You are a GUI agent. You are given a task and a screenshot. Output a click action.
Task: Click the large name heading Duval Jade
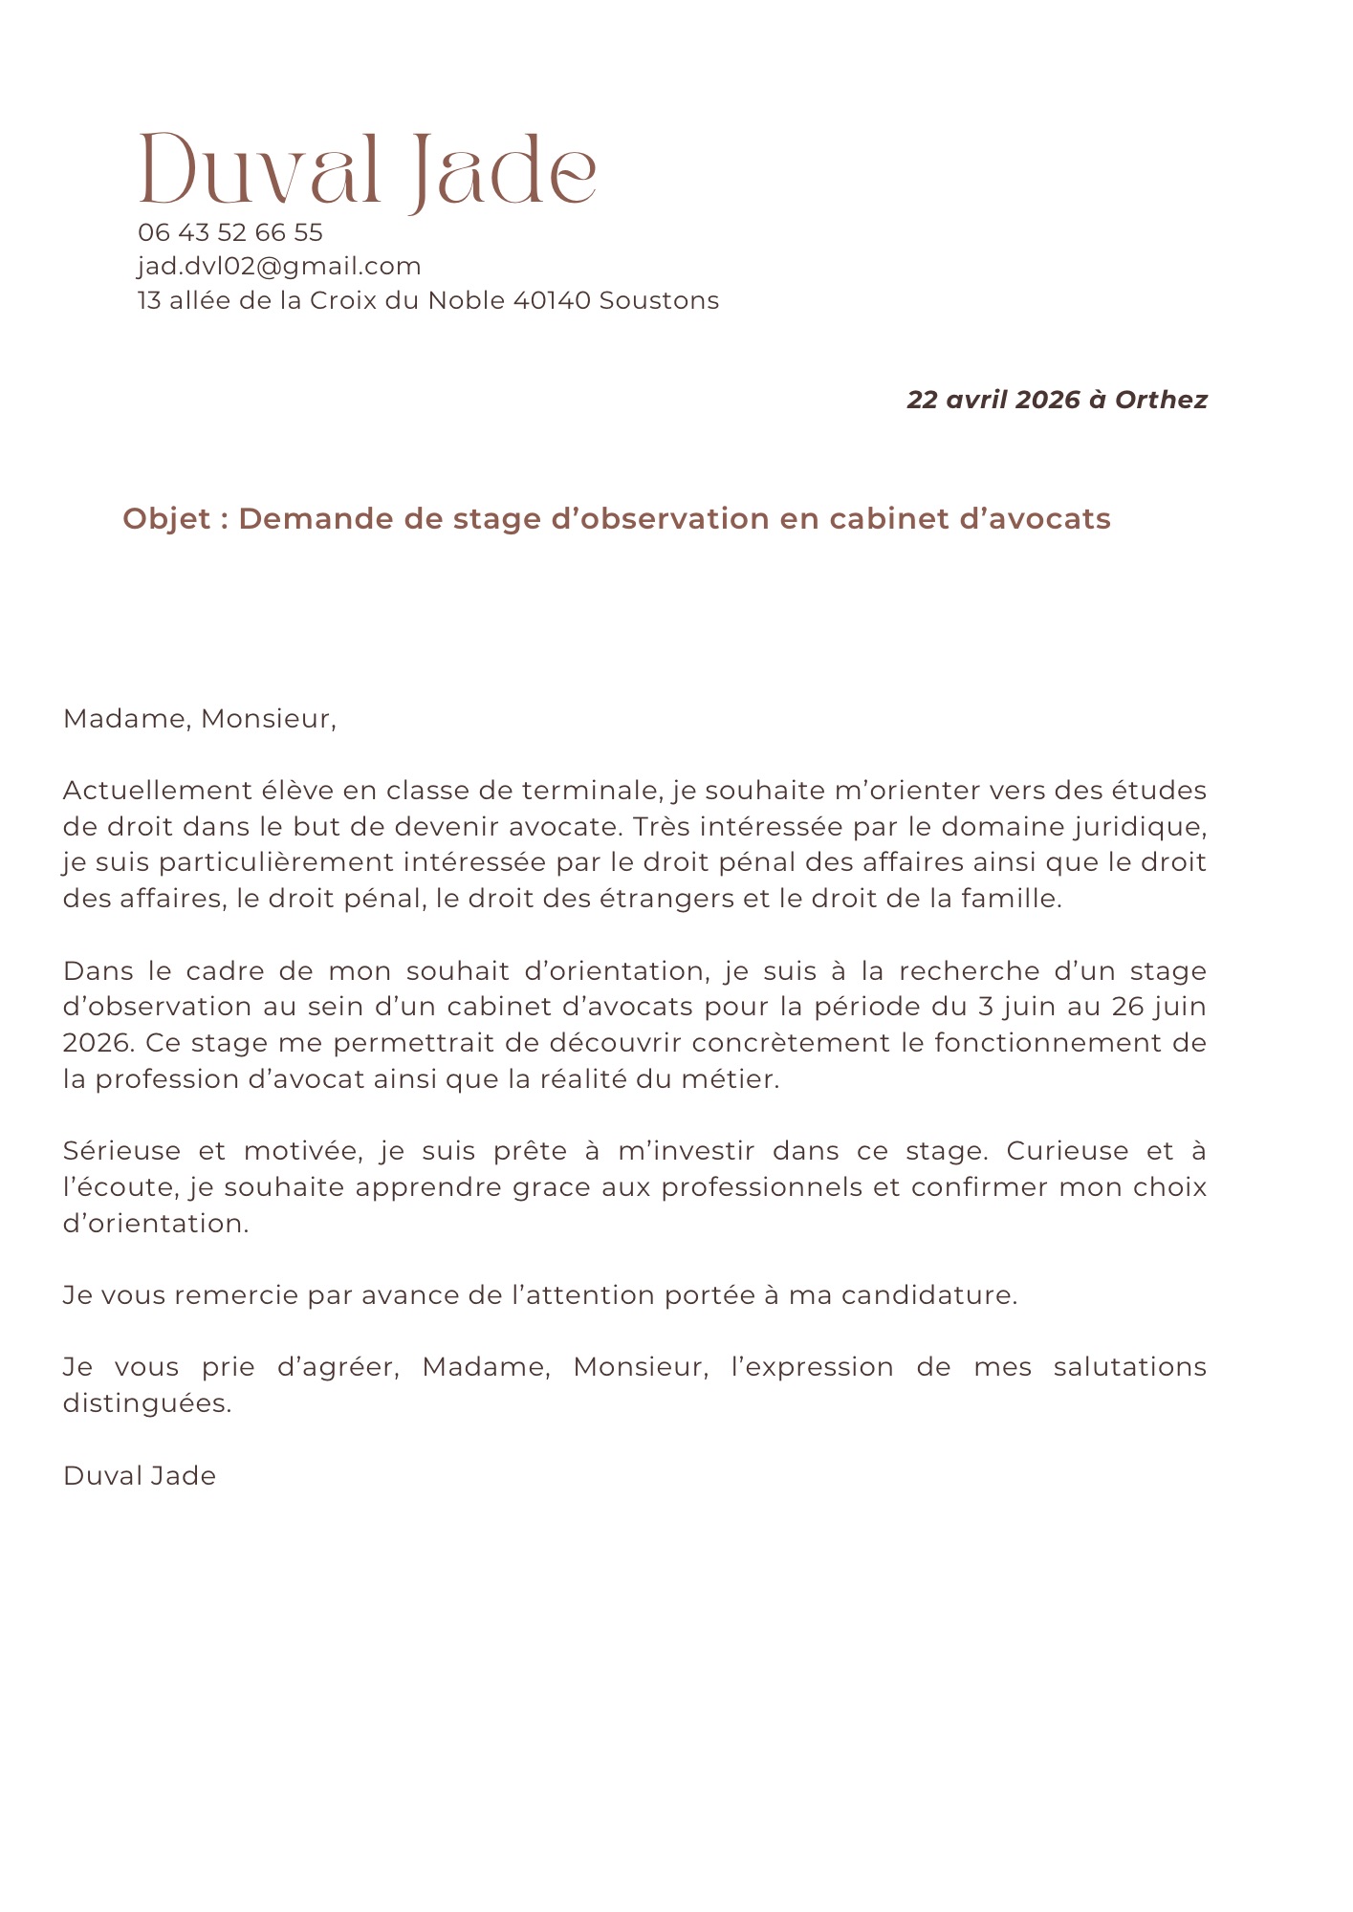pos(368,172)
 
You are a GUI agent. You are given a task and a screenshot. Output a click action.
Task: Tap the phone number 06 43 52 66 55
pos(230,232)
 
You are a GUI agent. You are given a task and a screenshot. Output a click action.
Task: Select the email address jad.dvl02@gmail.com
pos(279,266)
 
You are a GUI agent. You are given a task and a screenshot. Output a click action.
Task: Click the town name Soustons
pos(659,300)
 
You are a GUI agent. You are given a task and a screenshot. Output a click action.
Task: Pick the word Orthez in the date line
pos(1161,400)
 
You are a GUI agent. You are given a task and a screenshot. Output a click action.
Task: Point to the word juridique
pos(1147,827)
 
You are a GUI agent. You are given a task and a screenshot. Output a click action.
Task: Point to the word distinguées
pos(147,1403)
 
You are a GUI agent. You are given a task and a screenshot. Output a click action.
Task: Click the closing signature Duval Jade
pos(140,1476)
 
